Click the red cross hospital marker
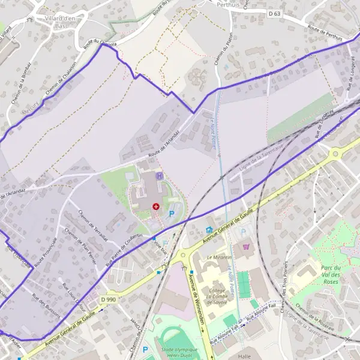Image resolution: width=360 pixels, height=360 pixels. [156, 206]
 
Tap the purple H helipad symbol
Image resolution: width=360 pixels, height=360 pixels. [159, 176]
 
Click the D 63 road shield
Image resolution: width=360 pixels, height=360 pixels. [275, 13]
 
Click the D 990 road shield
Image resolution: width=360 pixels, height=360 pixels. [109, 299]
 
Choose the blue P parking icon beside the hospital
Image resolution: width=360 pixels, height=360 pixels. [172, 213]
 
